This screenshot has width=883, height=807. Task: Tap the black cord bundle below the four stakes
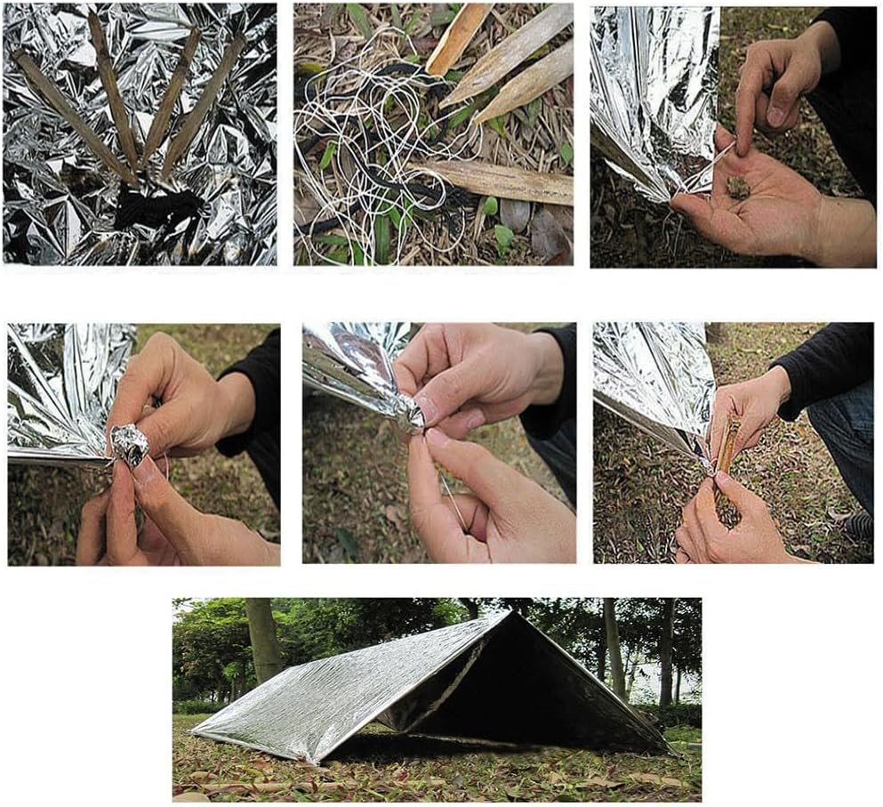click(x=160, y=209)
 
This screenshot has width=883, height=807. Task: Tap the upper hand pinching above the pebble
click(x=774, y=80)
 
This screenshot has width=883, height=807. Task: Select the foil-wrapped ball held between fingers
click(x=131, y=446)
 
